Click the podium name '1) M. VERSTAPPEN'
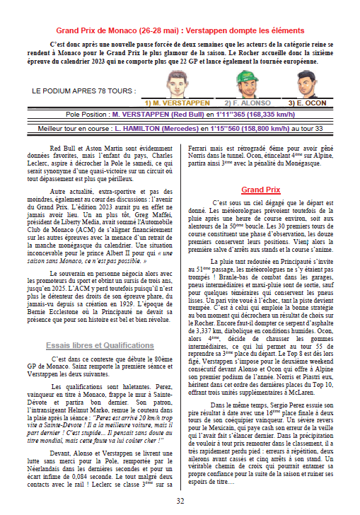tap(176, 103)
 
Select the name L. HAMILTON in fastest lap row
tap(151, 128)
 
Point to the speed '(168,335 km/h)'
tap(267, 113)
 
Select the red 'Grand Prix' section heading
tap(261, 190)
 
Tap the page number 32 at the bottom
tap(180, 501)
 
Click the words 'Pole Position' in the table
tap(87, 113)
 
